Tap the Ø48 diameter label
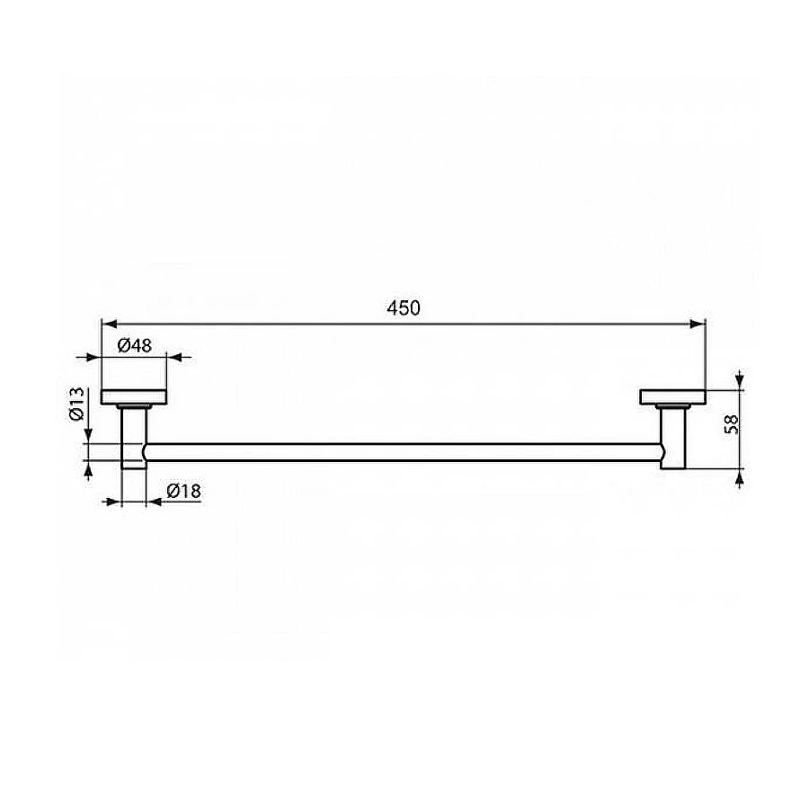pos(134,343)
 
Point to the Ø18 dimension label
pos(182,491)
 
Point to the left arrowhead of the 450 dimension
pos(107,322)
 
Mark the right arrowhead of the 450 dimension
pos(698,322)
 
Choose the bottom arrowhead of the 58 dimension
pos(739,477)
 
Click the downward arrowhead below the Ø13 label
pos(88,436)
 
